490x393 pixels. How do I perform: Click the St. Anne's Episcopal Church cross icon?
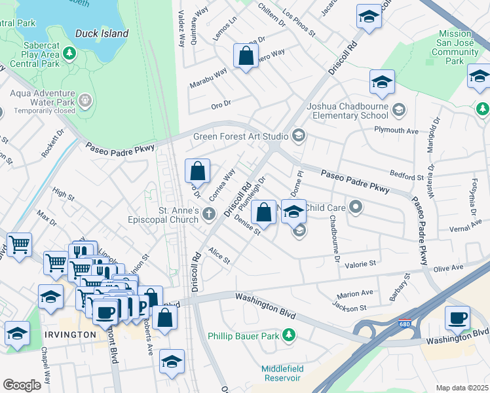[x=208, y=213]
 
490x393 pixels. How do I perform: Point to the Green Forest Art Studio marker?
[x=299, y=136]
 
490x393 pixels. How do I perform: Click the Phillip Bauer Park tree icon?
[x=288, y=336]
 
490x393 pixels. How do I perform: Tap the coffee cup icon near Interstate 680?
[x=458, y=318]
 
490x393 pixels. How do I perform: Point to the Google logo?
[x=22, y=385]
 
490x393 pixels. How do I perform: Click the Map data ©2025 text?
[x=461, y=387]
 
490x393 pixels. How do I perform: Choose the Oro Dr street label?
[x=221, y=103]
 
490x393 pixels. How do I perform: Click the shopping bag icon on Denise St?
[x=263, y=213]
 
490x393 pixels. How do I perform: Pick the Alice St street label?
[x=219, y=255]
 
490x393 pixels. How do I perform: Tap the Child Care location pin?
[x=356, y=208]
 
